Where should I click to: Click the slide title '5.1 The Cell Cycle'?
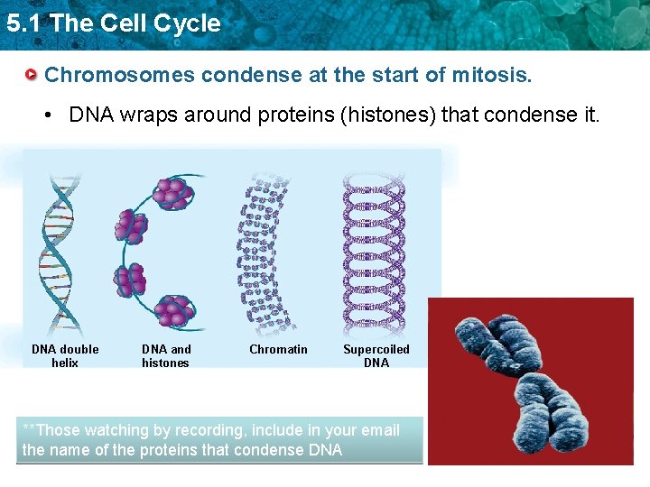113,23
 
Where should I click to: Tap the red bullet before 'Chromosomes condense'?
32,74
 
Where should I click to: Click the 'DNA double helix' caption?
65,356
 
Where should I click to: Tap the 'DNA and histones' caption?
166,356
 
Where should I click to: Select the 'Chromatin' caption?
278,350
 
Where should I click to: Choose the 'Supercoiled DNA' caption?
376,356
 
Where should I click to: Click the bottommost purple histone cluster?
172,311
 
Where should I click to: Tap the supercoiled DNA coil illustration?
372,253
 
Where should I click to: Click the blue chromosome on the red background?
524,379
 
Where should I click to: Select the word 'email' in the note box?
378,430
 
